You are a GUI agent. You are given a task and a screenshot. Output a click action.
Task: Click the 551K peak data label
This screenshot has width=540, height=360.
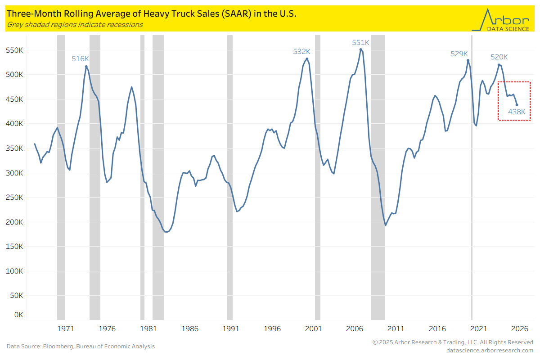(x=360, y=43)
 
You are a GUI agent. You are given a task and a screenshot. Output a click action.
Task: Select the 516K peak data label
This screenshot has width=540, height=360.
(x=81, y=58)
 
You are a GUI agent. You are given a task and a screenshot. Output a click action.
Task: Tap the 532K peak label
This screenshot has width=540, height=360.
(x=301, y=52)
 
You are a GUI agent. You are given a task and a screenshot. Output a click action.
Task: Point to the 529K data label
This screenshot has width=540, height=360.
(x=459, y=54)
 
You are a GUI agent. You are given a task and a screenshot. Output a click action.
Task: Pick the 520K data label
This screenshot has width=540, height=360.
(x=499, y=57)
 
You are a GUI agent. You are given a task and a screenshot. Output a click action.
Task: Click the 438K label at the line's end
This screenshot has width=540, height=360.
(x=517, y=112)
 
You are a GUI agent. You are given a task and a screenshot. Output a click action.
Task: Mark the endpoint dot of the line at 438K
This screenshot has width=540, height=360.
(x=517, y=105)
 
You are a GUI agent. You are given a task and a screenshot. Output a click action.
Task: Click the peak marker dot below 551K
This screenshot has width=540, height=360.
(x=360, y=49)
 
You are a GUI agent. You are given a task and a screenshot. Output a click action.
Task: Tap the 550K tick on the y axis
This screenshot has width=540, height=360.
(x=14, y=50)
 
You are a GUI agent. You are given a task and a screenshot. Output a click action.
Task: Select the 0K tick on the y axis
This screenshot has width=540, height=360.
(x=18, y=315)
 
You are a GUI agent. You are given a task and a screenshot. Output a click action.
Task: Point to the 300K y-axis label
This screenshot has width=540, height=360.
(x=14, y=173)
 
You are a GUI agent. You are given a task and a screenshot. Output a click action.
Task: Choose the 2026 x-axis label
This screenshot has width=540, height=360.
(x=519, y=328)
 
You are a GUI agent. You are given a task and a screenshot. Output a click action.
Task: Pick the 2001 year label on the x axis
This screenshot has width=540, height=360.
(x=313, y=328)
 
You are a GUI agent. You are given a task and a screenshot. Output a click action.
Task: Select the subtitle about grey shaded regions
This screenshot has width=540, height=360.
(x=75, y=25)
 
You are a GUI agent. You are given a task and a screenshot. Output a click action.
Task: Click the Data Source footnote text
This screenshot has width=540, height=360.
(x=81, y=346)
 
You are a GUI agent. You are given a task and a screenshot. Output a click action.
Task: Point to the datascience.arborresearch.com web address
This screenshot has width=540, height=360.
(x=490, y=350)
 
